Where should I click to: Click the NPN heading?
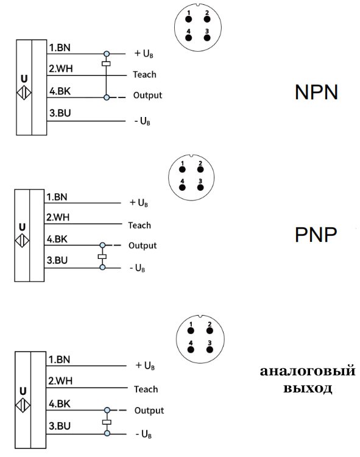pos(316,92)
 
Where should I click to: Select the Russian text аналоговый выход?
pos(307,380)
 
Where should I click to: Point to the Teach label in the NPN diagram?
pos(144,74)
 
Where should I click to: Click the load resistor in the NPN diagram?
pos(107,63)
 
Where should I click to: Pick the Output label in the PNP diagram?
pos(143,246)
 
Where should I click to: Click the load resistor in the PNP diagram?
pos(102,257)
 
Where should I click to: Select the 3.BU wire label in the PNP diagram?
pos(57,261)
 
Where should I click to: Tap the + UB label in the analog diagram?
pos(145,366)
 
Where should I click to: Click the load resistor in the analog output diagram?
pos(107,422)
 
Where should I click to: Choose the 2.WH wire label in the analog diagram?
pos(60,381)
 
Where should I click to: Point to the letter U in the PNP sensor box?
pos(23,226)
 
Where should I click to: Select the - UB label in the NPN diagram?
pos(142,121)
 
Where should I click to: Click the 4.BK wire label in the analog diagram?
pos(59,403)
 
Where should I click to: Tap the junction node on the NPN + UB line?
pos(107,54)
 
